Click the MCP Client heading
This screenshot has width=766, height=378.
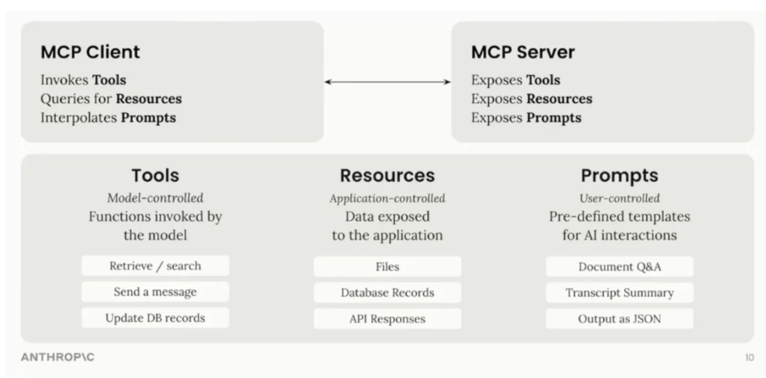[x=90, y=52]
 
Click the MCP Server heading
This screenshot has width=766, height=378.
[x=523, y=52]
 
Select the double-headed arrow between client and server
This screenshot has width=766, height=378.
[x=387, y=82]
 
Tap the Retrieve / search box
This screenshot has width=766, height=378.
[x=155, y=266]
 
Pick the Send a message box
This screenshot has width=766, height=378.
[x=155, y=292]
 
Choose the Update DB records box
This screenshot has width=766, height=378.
[x=155, y=318]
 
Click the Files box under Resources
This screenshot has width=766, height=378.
[x=387, y=267]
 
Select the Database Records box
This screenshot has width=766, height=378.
[x=387, y=293]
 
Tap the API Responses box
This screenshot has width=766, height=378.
[x=387, y=319]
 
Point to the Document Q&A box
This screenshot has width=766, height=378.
[x=620, y=267]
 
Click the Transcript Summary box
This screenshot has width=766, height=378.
[x=620, y=293]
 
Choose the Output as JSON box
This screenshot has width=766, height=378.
[x=620, y=319]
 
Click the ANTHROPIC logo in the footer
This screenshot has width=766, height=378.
[x=57, y=357]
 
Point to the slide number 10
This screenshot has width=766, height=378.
[x=749, y=358]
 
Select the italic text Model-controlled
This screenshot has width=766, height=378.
[x=155, y=198]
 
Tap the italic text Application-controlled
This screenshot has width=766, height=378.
[x=387, y=199]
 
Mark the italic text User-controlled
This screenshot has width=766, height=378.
[x=620, y=199]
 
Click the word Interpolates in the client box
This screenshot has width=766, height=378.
[x=79, y=118]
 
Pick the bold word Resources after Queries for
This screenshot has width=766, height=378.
[x=149, y=99]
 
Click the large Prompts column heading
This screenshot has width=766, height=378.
[x=620, y=175]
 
